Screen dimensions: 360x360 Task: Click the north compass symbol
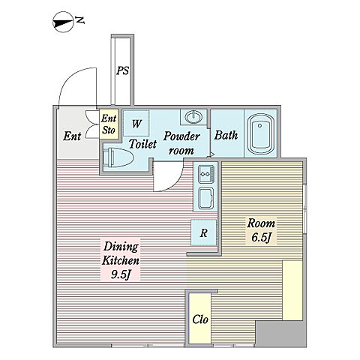[x=62, y=22]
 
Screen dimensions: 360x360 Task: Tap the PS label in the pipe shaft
[x=123, y=70]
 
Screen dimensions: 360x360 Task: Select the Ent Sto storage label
[x=109, y=124]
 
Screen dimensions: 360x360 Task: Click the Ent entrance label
[x=72, y=136]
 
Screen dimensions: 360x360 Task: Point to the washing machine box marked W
[x=136, y=124]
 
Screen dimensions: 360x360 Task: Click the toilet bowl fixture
[x=118, y=157]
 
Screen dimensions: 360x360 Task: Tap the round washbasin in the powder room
[x=193, y=117]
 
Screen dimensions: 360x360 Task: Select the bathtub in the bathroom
[x=260, y=135]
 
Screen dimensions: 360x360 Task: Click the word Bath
[x=226, y=135]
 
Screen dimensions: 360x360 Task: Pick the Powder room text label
[x=181, y=143]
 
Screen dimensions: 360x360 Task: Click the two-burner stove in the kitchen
[x=206, y=174]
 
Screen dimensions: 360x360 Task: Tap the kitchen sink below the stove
[x=205, y=198]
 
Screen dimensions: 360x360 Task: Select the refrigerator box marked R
[x=203, y=232]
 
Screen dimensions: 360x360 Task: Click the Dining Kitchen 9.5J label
[x=121, y=260]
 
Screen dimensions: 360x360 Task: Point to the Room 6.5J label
[x=261, y=230]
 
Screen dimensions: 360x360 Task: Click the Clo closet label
[x=200, y=319]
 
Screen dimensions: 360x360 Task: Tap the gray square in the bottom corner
[x=280, y=334]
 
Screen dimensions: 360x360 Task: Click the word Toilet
[x=142, y=144]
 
